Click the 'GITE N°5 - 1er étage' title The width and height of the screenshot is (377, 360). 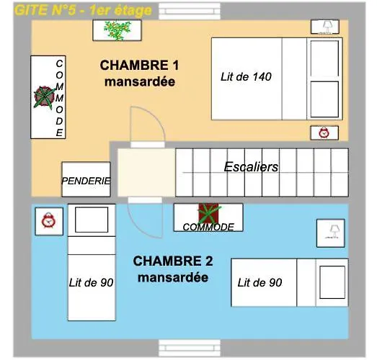[83, 10]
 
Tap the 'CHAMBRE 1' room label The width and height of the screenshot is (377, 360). [139, 66]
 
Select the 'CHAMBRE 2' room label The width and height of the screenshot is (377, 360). [173, 261]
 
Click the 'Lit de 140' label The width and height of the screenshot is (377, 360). [246, 77]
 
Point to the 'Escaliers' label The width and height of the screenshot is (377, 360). [251, 167]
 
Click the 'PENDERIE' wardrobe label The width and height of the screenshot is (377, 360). [86, 181]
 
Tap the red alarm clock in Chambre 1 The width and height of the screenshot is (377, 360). [324, 132]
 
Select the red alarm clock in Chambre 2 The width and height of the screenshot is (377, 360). [48, 220]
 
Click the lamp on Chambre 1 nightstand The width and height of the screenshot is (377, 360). [327, 27]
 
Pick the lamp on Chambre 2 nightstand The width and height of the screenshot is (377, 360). [334, 232]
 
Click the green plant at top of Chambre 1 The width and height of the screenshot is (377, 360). [117, 30]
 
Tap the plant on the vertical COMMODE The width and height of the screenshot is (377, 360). [45, 97]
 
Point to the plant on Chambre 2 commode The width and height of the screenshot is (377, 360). [209, 213]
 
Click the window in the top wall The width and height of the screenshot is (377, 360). [190, 12]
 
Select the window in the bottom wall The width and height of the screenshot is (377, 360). [190, 348]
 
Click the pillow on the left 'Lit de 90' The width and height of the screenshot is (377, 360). [92, 220]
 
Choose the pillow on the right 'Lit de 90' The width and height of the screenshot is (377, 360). [332, 282]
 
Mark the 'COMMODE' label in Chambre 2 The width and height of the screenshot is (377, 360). [208, 228]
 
